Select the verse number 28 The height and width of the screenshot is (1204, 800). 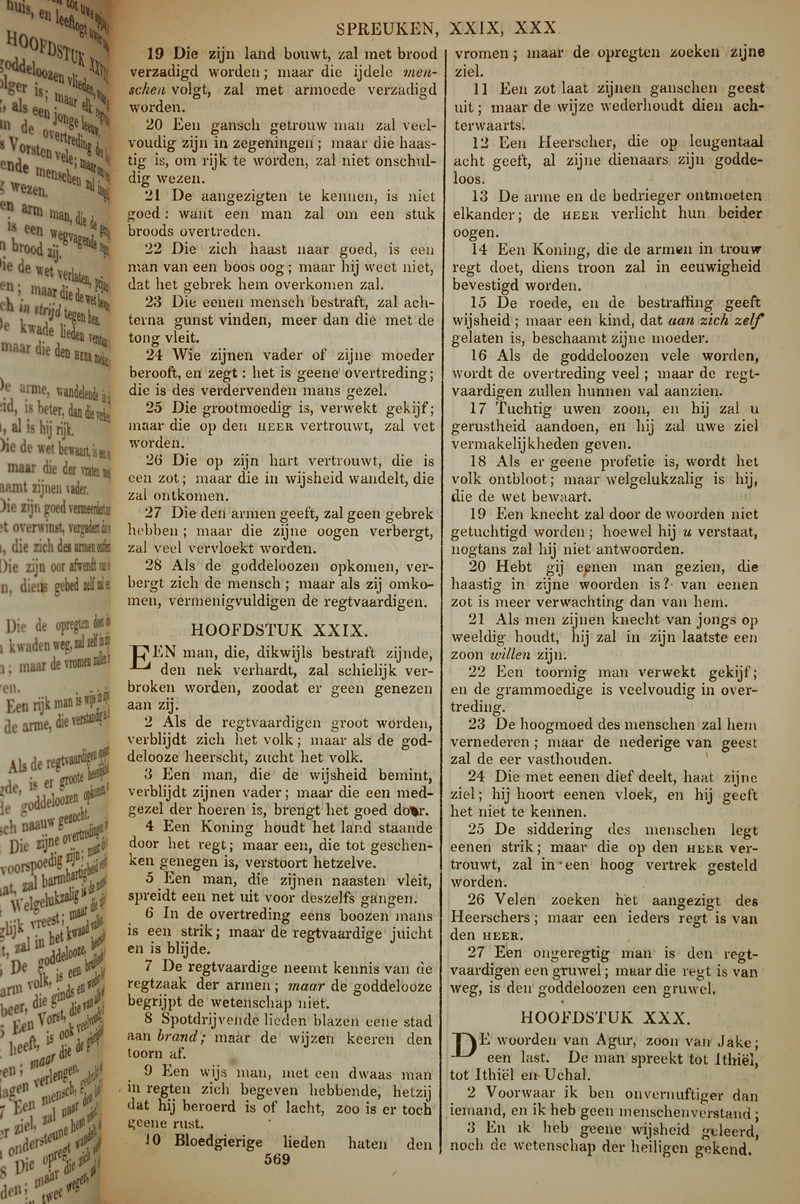click(154, 566)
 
